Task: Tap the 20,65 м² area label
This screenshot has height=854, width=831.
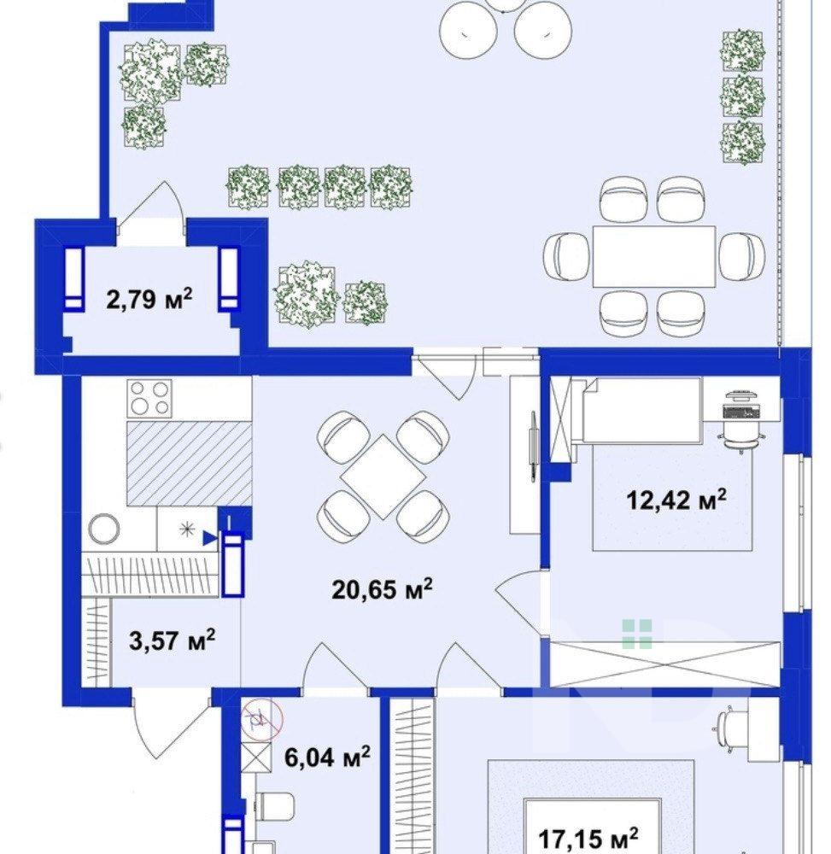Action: pyautogui.click(x=383, y=588)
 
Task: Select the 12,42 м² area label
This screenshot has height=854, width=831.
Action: pyautogui.click(x=677, y=499)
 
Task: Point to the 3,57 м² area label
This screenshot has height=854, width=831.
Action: pyautogui.click(x=172, y=640)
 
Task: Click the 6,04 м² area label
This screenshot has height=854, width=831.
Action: pyautogui.click(x=328, y=757)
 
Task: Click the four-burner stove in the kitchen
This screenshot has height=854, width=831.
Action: pyautogui.click(x=149, y=398)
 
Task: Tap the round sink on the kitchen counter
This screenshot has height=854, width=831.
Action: pyautogui.click(x=104, y=529)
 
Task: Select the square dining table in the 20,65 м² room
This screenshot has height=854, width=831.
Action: pyautogui.click(x=383, y=476)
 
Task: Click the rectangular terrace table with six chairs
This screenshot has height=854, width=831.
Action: pyautogui.click(x=653, y=256)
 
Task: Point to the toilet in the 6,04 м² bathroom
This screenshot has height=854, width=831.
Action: pyautogui.click(x=274, y=805)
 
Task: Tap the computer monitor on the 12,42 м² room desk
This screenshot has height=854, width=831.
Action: pyautogui.click(x=740, y=408)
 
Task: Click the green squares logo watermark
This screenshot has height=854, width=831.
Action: pyautogui.click(x=637, y=634)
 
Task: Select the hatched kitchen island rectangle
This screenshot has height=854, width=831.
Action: pyautogui.click(x=190, y=463)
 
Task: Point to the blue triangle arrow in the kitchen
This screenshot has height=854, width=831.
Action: pyautogui.click(x=209, y=539)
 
